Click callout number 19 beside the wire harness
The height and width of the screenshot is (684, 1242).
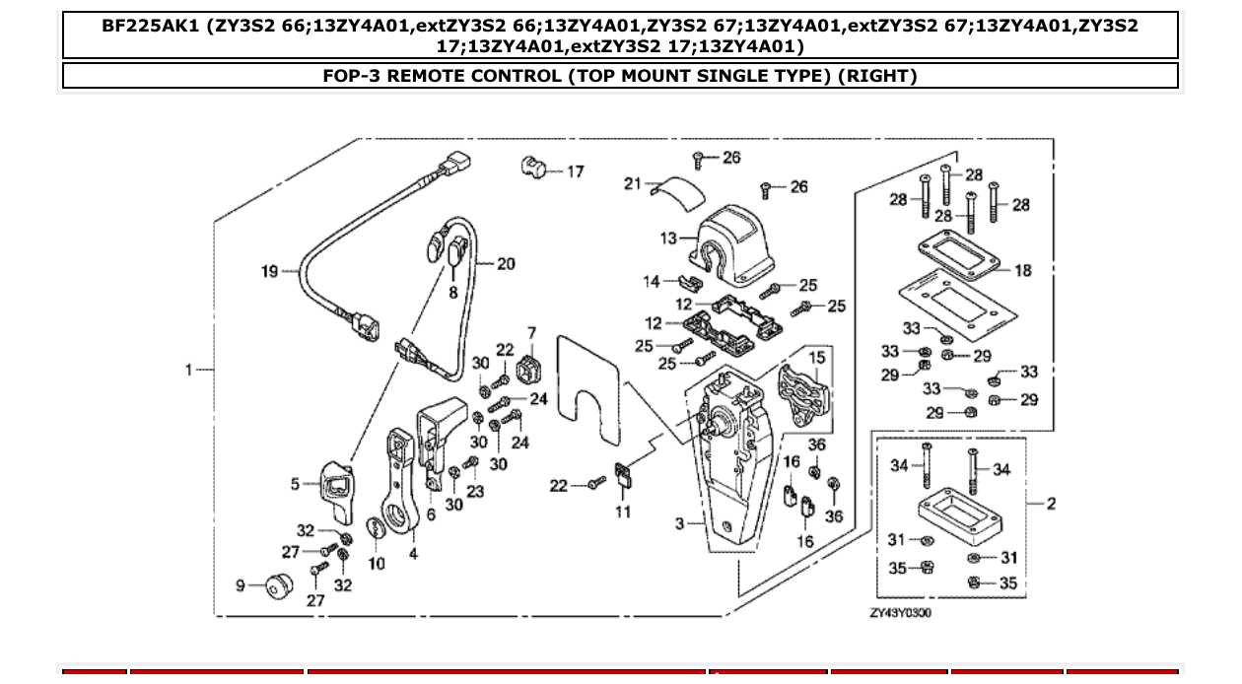(269, 271)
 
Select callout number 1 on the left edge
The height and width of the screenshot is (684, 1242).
(188, 370)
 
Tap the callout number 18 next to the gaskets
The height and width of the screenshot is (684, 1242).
(1023, 270)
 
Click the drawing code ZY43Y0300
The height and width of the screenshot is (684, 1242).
(899, 613)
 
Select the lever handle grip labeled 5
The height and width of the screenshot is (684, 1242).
(333, 490)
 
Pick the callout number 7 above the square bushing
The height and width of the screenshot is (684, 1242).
(531, 333)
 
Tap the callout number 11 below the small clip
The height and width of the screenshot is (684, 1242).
(623, 512)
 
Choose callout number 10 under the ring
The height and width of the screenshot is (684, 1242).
(378, 563)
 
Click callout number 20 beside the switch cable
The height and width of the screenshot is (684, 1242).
(506, 264)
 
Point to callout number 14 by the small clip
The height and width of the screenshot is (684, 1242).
(652, 282)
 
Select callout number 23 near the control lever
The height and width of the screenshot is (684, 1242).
(475, 490)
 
